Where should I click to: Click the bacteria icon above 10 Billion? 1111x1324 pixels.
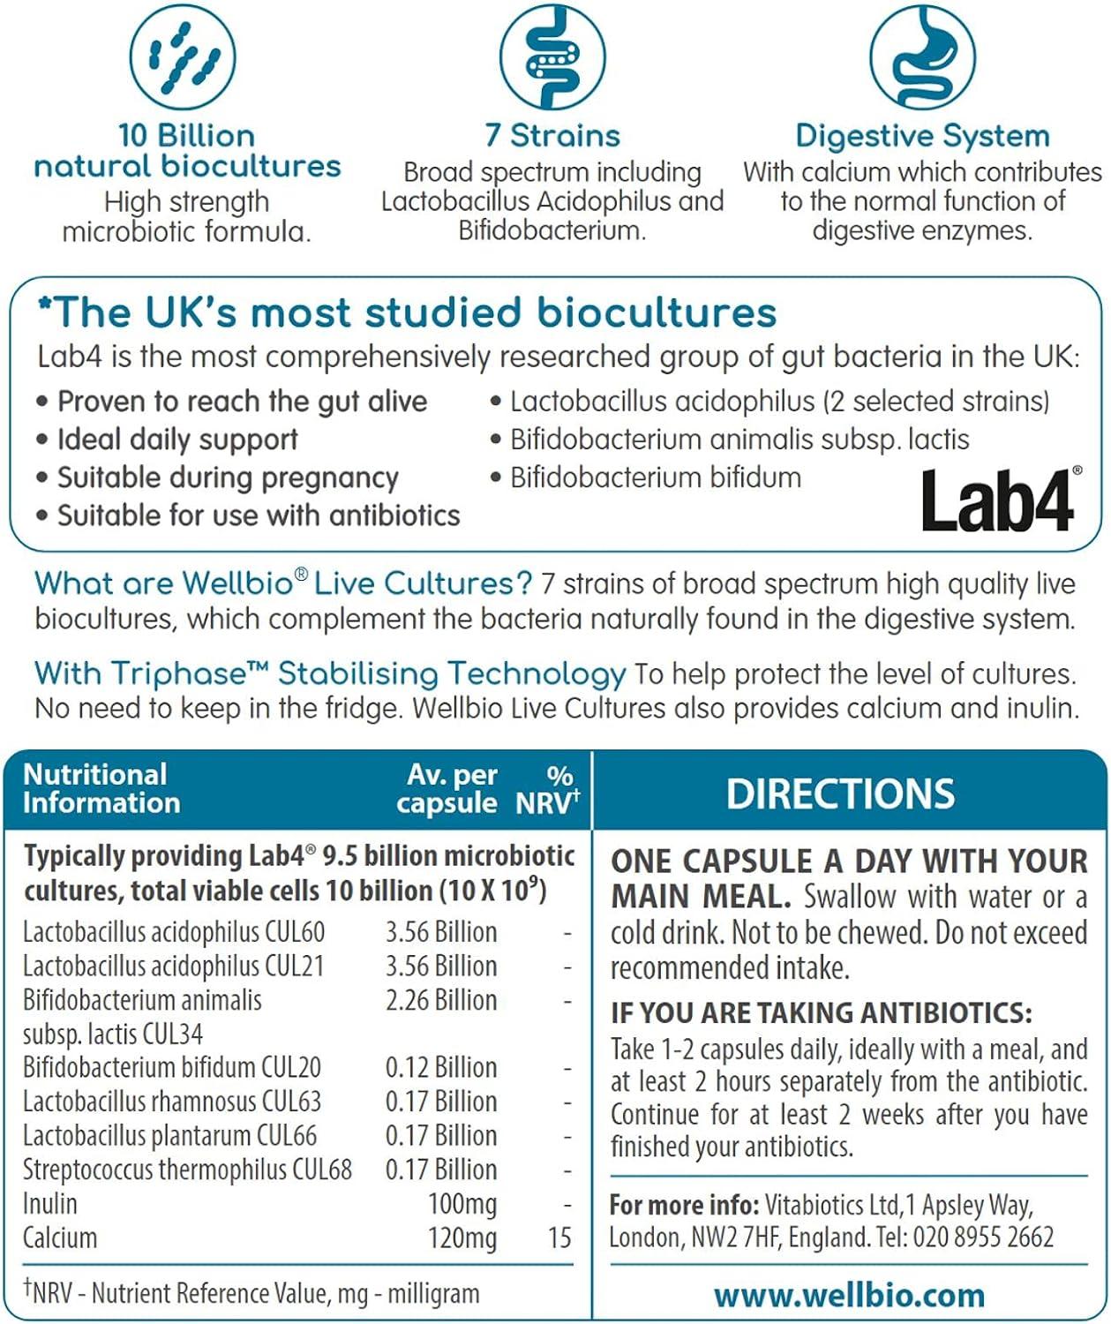click(x=183, y=57)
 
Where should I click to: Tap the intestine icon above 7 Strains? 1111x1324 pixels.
click(x=552, y=57)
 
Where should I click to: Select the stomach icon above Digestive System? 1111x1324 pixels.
click(x=922, y=57)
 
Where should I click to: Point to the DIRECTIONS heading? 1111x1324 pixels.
click(x=840, y=794)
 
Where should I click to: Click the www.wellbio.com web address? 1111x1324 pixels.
click(x=849, y=1295)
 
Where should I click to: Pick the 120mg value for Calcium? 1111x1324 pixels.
click(x=462, y=1237)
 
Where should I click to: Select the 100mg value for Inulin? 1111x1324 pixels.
click(x=462, y=1204)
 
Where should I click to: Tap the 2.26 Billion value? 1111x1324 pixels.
click(x=441, y=1000)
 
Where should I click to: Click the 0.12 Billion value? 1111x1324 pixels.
click(x=441, y=1067)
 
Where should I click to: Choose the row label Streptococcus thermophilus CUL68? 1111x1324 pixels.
click(x=187, y=1170)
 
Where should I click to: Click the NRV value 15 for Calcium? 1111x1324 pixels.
click(x=559, y=1237)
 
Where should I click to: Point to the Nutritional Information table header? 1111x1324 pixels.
click(x=101, y=788)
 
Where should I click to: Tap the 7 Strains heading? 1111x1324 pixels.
click(x=552, y=136)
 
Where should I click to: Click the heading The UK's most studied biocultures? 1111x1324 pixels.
click(x=407, y=312)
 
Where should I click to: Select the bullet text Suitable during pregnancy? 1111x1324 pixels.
click(x=228, y=478)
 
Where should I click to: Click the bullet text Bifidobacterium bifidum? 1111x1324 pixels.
click(x=656, y=478)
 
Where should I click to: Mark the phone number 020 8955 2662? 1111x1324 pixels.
click(x=983, y=1237)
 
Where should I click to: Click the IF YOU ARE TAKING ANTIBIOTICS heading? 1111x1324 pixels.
click(x=821, y=1012)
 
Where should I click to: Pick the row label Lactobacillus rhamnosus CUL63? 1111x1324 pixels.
click(x=172, y=1102)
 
